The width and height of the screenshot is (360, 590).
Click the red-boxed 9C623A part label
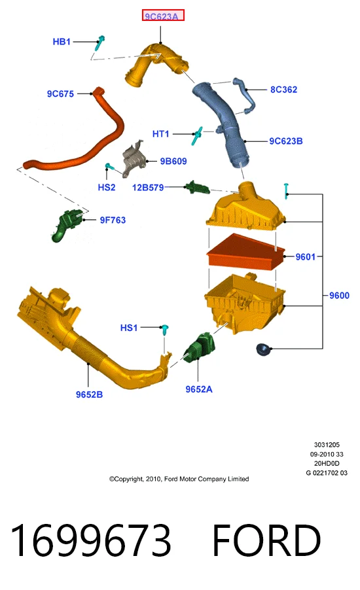(163, 16)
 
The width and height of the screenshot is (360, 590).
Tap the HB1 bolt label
(62, 42)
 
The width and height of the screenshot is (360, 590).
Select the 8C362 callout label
(283, 90)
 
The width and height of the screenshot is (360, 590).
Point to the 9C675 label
(60, 94)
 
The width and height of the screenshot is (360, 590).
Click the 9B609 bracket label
(173, 161)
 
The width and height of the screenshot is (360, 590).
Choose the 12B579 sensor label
(148, 187)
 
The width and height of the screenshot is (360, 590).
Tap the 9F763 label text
(113, 220)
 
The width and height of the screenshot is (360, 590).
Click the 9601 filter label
(306, 256)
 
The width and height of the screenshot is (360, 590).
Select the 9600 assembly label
(339, 296)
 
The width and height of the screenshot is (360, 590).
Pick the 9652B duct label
(89, 394)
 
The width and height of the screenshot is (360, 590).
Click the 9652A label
(199, 389)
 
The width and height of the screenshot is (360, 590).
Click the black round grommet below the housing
(263, 349)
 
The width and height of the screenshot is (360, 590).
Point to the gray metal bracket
(134, 159)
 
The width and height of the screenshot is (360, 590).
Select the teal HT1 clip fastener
(197, 135)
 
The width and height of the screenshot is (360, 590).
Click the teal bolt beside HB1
(99, 43)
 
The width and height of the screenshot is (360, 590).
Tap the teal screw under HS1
(164, 330)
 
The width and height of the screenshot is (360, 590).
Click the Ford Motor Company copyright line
(179, 479)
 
